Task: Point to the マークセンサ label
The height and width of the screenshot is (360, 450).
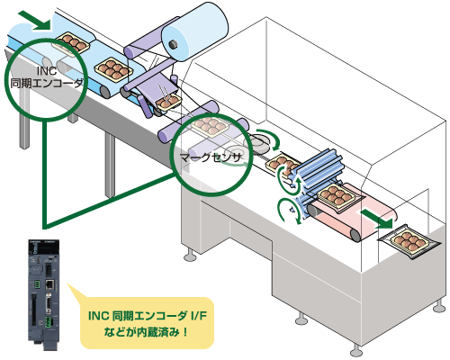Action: [x=209, y=156]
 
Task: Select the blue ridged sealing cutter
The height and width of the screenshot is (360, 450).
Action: [x=320, y=171]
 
